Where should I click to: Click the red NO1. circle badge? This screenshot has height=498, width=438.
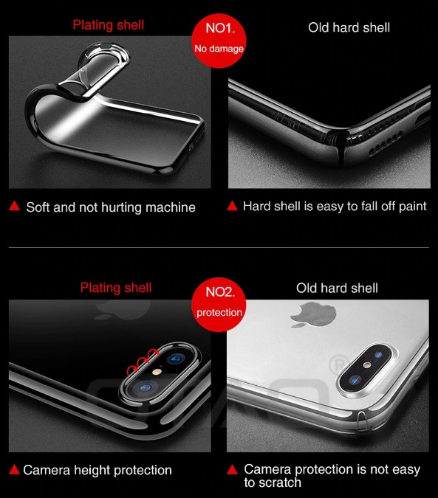click(x=219, y=41)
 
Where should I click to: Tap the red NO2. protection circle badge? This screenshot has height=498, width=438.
click(x=219, y=305)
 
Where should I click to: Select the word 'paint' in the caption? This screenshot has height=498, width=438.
click(x=413, y=207)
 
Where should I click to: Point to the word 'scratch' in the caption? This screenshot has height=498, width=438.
click(x=280, y=483)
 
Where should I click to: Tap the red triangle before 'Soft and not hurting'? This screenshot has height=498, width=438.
click(x=14, y=206)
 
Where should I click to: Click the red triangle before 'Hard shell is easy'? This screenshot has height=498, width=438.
click(x=233, y=206)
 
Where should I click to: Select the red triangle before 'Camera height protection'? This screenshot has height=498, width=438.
click(x=14, y=469)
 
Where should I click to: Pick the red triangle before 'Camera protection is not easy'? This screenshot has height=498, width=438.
click(x=233, y=469)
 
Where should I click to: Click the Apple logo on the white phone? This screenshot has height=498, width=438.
click(x=313, y=315)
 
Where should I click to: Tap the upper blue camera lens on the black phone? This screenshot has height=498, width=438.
click(x=176, y=359)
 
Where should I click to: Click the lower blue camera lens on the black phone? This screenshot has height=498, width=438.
click(x=146, y=388)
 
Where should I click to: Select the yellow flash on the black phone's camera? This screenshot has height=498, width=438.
click(x=156, y=372)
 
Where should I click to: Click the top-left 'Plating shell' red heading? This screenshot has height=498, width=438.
click(x=109, y=25)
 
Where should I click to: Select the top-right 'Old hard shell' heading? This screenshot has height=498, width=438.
click(x=349, y=27)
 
